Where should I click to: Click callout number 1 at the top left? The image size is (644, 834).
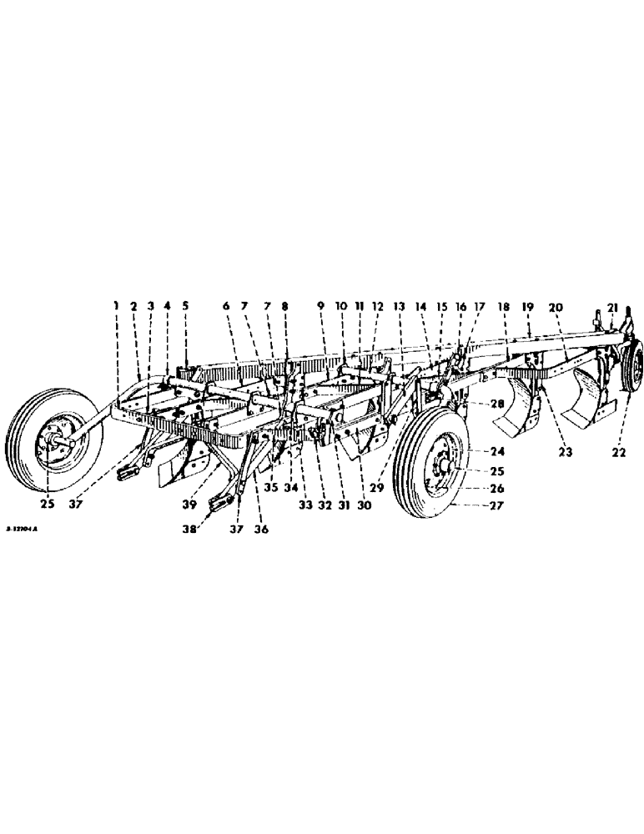pyautogui.click(x=117, y=306)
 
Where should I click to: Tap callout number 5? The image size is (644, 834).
pyautogui.click(x=185, y=306)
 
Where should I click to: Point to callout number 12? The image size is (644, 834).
pyautogui.click(x=377, y=306)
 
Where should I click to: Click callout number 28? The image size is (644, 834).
pyautogui.click(x=473, y=404)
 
